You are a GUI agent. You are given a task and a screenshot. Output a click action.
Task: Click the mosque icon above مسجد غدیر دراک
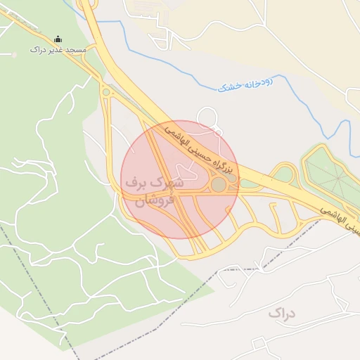point(58,39)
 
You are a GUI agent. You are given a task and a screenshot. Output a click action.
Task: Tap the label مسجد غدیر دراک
point(58,50)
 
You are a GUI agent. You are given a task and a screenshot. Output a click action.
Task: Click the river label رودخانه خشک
point(245,85)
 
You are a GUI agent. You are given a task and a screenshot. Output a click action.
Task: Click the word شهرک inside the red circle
point(169,183)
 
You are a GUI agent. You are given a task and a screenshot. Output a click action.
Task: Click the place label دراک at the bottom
point(282,311)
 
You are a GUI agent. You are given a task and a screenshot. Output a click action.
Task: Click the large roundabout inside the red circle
point(219,184)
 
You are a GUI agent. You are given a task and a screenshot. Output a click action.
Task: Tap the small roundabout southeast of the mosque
point(106,91)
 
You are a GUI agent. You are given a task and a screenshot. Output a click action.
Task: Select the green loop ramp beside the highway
point(284,174)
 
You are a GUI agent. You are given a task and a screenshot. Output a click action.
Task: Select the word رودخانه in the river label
point(258,83)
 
